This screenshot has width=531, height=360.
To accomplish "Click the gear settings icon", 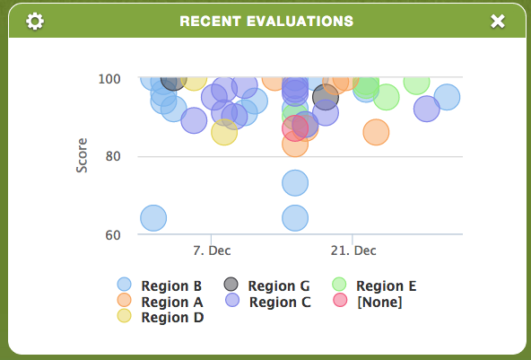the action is click(35, 22).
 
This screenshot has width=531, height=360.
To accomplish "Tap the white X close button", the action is click(498, 22).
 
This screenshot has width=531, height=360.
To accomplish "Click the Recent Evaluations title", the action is click(266, 22).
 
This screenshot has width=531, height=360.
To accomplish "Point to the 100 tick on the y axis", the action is click(109, 79).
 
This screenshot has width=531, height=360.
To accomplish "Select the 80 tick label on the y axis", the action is click(113, 156).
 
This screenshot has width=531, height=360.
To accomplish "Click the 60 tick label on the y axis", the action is click(113, 235).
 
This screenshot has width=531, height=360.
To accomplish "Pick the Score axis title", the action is click(82, 155).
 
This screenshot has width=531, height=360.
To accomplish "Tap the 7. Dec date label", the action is click(212, 250).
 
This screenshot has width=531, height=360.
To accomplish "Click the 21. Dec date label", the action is click(353, 250).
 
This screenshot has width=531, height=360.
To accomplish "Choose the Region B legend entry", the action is click(159, 285).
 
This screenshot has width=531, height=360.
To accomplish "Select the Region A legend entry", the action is click(160, 302).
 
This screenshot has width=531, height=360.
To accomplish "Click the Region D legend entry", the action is click(161, 317).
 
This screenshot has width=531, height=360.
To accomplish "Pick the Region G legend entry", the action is click(266, 285).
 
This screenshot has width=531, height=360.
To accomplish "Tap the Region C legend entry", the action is click(267, 302).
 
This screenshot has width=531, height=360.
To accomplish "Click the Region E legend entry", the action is click(374, 285).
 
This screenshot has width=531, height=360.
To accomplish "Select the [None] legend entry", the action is click(368, 302).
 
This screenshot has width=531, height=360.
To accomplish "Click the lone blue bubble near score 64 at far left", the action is click(153, 218).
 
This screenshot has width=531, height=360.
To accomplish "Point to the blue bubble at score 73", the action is click(295, 183).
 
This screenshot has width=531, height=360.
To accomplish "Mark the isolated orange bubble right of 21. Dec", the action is click(376, 132).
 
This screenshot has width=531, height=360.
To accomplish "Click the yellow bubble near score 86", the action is click(224, 132).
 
